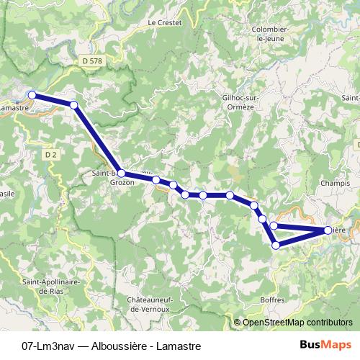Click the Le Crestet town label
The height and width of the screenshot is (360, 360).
pyautogui.click(x=165, y=22)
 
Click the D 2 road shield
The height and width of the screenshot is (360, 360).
pyautogui.click(x=50, y=154)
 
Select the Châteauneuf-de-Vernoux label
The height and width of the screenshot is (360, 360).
pyautogui.click(x=149, y=303)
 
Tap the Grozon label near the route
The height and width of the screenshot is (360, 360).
pyautogui.click(x=122, y=183)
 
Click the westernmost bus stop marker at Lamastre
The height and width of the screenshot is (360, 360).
pyautogui.click(x=32, y=94)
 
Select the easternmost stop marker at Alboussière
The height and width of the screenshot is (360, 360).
pyautogui.click(x=328, y=230)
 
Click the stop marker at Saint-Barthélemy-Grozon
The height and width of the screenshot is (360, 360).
pyautogui.click(x=121, y=173)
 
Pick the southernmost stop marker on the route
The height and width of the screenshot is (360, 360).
pyautogui.click(x=276, y=246)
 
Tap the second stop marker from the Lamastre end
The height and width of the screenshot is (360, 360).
pyautogui.click(x=74, y=105)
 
